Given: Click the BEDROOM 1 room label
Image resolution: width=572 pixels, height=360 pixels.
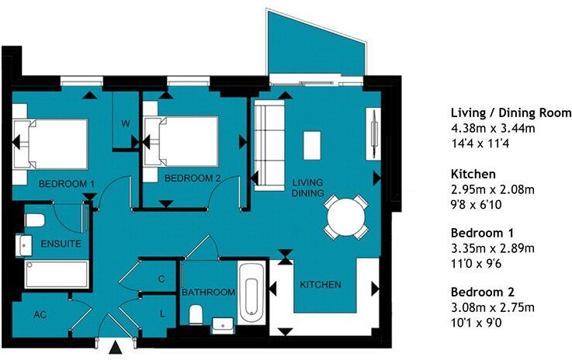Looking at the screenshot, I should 67,183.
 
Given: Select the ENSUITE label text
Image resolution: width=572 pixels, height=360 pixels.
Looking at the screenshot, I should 40,244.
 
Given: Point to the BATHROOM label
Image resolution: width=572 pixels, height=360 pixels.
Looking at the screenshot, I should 208,292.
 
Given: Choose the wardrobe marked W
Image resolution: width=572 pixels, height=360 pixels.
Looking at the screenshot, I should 123,122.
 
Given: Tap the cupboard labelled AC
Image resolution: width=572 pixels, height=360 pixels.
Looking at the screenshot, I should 39,315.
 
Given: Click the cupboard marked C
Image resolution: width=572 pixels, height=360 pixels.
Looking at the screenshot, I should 161,278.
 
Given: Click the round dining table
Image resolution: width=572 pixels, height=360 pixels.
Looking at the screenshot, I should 345,216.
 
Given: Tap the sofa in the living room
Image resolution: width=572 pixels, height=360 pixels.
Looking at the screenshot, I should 269,145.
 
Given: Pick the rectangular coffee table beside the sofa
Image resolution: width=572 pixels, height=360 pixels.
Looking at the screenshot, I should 313,144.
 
